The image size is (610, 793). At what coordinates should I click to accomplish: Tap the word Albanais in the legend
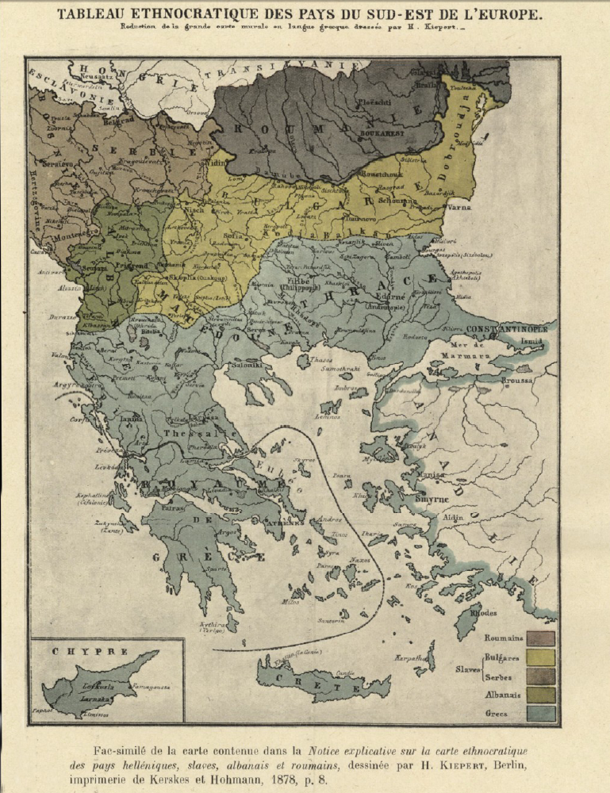503,695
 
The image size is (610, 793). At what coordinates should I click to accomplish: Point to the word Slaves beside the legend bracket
468,669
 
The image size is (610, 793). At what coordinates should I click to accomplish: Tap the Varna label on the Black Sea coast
459,208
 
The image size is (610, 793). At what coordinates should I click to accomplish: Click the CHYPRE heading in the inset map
78,651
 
